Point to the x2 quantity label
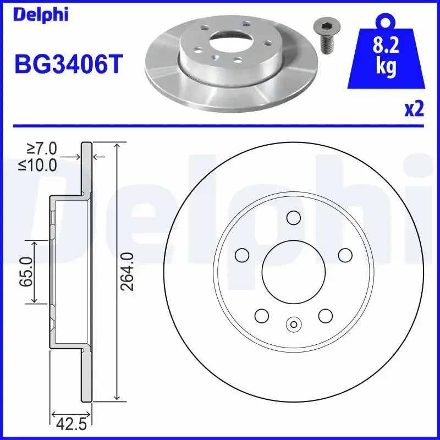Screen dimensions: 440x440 click(414, 109)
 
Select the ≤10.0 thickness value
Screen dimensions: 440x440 click(38, 164)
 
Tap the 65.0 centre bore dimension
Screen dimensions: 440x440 click(25, 271)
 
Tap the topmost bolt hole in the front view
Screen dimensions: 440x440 click(293, 218)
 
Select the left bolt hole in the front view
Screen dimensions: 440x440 click(241, 255)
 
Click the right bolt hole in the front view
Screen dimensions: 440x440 click(344, 255)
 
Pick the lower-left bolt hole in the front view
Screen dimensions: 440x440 click(261, 316)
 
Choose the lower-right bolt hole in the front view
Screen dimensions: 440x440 click(325, 316)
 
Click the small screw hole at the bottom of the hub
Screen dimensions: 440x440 click(293, 324)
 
